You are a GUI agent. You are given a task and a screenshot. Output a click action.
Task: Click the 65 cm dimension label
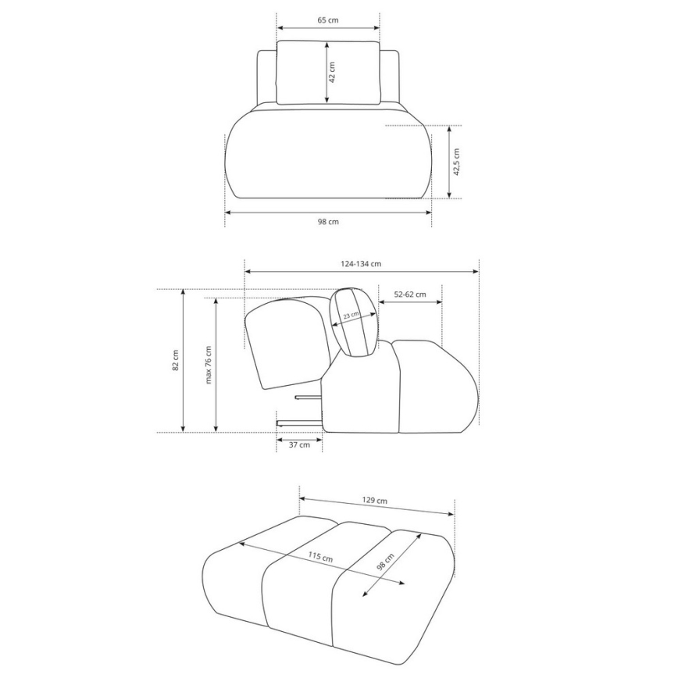(328, 20)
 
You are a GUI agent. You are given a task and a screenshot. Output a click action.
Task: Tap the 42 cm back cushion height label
(332, 72)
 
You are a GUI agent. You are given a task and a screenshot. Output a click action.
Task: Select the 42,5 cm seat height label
(456, 162)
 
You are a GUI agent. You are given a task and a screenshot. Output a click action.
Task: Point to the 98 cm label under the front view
(328, 222)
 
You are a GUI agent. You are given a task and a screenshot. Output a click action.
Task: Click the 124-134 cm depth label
(361, 263)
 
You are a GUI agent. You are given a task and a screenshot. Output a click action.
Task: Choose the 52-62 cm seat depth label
(410, 294)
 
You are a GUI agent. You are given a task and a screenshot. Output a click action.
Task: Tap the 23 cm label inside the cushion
(351, 316)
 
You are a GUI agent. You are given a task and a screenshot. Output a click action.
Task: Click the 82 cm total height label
(175, 360)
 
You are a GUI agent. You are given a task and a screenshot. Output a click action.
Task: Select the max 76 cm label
(209, 365)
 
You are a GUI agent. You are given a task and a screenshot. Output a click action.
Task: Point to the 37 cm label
(299, 444)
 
